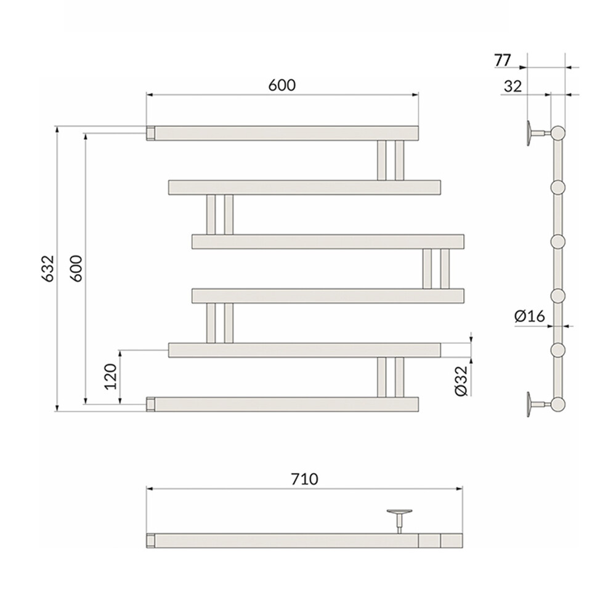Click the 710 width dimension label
[x=304, y=479]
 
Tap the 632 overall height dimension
[x=47, y=269]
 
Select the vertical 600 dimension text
[x=76, y=269]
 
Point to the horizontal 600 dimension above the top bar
[x=282, y=85]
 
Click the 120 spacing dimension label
[x=111, y=376]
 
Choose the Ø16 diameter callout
[x=530, y=316]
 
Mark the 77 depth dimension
[x=503, y=60]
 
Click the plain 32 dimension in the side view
[x=513, y=86]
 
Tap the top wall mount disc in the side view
[x=530, y=133]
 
